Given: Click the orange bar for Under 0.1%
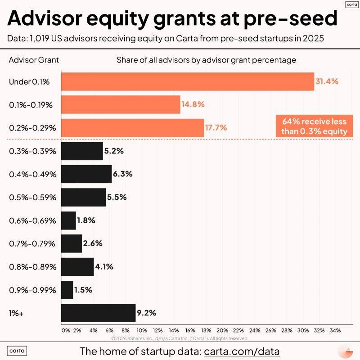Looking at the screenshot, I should (187, 81).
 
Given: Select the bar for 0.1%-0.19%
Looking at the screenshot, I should (120, 104).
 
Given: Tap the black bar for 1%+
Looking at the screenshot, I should (98, 313).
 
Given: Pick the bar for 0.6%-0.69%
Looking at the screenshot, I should (68, 220).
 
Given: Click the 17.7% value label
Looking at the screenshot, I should (216, 128).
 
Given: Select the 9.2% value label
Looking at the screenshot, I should (147, 313).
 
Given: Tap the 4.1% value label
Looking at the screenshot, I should (104, 267).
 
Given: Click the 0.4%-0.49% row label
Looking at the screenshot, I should (33, 174).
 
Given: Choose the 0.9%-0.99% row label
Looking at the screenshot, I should (33, 290).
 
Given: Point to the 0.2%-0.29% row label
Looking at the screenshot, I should (33, 128).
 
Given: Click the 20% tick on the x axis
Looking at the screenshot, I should (222, 330).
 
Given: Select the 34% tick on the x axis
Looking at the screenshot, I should (335, 330).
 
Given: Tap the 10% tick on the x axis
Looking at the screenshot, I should (142, 330).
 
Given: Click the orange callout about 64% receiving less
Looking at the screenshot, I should (314, 126).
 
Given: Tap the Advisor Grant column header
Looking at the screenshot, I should (34, 60).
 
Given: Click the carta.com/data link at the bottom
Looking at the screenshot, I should (242, 351).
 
